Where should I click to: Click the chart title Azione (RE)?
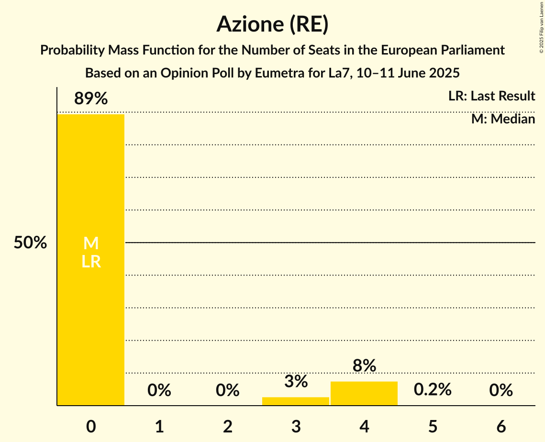click(x=272, y=24)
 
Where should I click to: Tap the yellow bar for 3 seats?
click(x=296, y=401)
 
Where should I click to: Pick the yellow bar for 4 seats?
click(x=364, y=393)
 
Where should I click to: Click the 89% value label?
click(x=91, y=99)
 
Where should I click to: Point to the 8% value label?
click(x=364, y=366)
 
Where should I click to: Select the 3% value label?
click(x=296, y=382)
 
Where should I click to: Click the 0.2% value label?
click(x=433, y=390)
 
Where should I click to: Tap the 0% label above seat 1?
click(x=159, y=391)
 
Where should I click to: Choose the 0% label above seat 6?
click(x=501, y=391)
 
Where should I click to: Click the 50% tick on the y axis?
click(x=30, y=243)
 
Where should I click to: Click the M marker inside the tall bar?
click(x=91, y=243)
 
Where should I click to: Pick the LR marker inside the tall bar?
click(x=91, y=262)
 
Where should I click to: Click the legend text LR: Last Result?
click(x=491, y=96)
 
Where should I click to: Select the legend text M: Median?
click(x=503, y=119)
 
